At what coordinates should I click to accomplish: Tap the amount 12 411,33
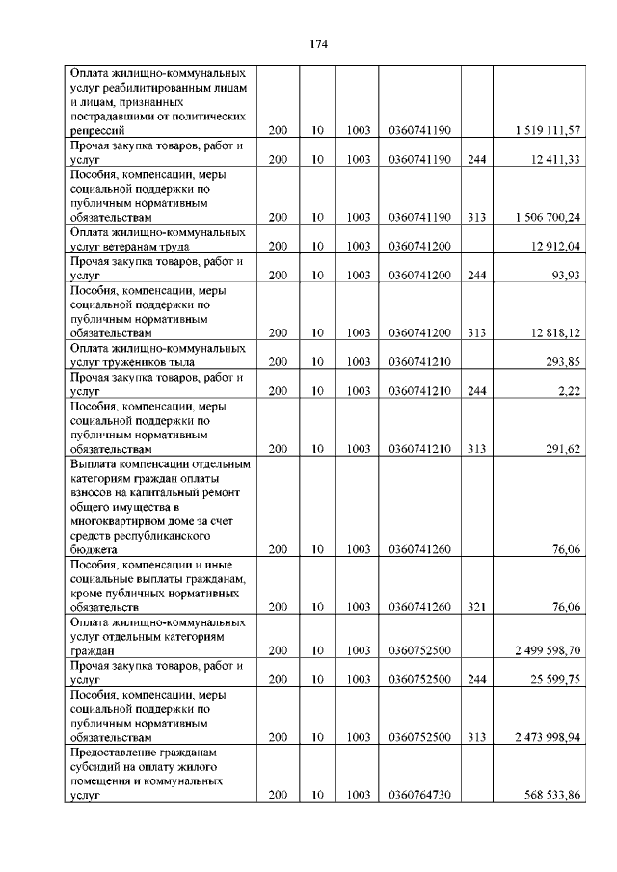click(554, 159)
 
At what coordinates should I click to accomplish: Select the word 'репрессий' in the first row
click(97, 130)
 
